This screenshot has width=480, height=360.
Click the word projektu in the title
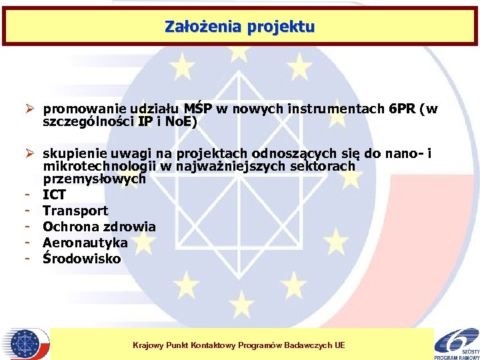280,27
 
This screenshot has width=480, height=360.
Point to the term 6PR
401,109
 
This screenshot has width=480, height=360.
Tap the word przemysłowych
94,179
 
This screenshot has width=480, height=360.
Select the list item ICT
55,195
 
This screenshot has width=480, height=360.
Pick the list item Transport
75,211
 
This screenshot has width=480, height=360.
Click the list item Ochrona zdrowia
99,227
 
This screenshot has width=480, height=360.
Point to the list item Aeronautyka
85,243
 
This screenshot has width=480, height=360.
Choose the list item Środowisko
81,259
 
